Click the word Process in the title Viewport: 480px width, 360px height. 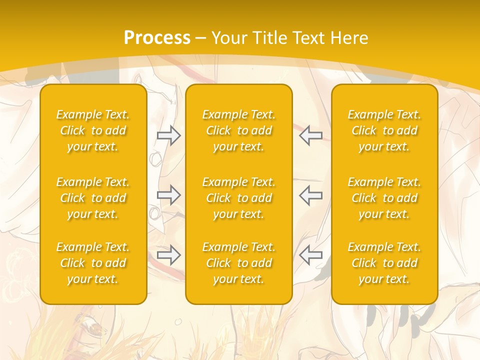tap(157, 38)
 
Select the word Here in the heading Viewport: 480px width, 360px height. tap(349, 38)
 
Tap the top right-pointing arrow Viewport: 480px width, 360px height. tap(169, 135)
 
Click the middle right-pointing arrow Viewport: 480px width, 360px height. tap(169, 195)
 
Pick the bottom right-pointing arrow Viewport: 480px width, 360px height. tap(169, 255)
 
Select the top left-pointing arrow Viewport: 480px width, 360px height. tap(310, 135)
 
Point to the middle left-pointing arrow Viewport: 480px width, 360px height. tap(310, 195)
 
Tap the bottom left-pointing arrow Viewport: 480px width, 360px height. tap(310, 255)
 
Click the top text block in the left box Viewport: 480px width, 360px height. tap(93, 130)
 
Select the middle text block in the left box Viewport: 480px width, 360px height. tap(93, 198)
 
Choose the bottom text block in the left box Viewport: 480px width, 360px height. tap(93, 263)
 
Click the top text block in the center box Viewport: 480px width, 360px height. tap(239, 130)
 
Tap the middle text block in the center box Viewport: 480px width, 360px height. tap(239, 198)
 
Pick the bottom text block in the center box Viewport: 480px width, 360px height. tap(239, 263)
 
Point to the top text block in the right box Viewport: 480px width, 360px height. tap(384, 130)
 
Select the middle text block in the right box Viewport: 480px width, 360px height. tap(384, 198)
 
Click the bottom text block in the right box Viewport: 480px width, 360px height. tap(384, 263)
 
